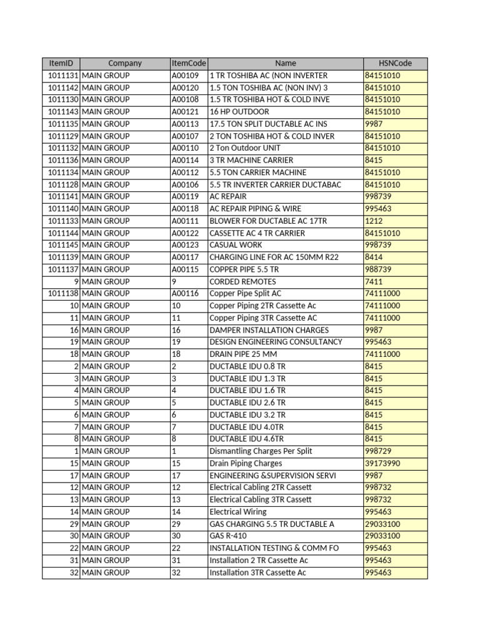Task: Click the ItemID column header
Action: coord(61,63)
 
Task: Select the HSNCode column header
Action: coord(395,63)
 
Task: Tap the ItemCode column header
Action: coord(189,63)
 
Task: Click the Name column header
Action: coord(285,63)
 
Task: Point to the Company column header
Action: coord(125,63)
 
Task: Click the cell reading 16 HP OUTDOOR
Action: coord(239,112)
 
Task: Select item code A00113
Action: coord(185,124)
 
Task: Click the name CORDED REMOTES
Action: coord(242,281)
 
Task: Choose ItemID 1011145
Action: coord(62,245)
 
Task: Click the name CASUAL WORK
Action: coord(236,245)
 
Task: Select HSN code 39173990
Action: coord(382,463)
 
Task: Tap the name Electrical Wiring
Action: coord(238,512)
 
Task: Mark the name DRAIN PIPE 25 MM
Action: coord(243,354)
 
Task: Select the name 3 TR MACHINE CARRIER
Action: coord(251,160)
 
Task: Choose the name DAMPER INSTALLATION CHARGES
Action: coord(269,330)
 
